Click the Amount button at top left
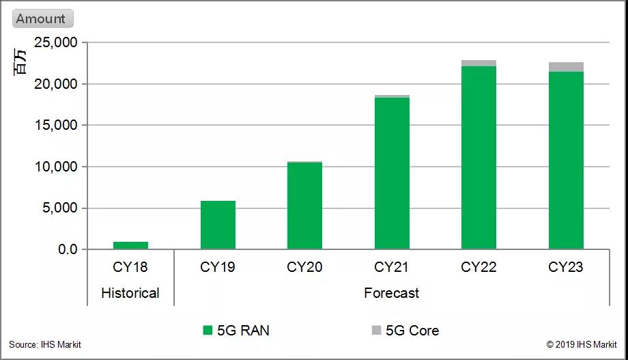point(42,19)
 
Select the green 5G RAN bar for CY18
point(130,245)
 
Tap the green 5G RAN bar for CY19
point(218,225)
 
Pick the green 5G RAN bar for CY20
point(304,206)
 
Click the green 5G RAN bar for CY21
point(392,174)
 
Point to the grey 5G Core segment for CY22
point(479,63)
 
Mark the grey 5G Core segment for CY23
point(566,66)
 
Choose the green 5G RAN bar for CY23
point(566,160)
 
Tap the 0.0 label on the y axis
point(67,249)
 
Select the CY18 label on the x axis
point(130,267)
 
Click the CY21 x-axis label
point(392,267)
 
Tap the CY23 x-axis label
point(566,267)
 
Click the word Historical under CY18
point(130,293)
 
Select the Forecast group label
point(391,293)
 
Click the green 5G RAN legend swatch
point(208,331)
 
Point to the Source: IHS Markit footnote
point(45,345)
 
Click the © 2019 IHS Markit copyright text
point(582,345)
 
